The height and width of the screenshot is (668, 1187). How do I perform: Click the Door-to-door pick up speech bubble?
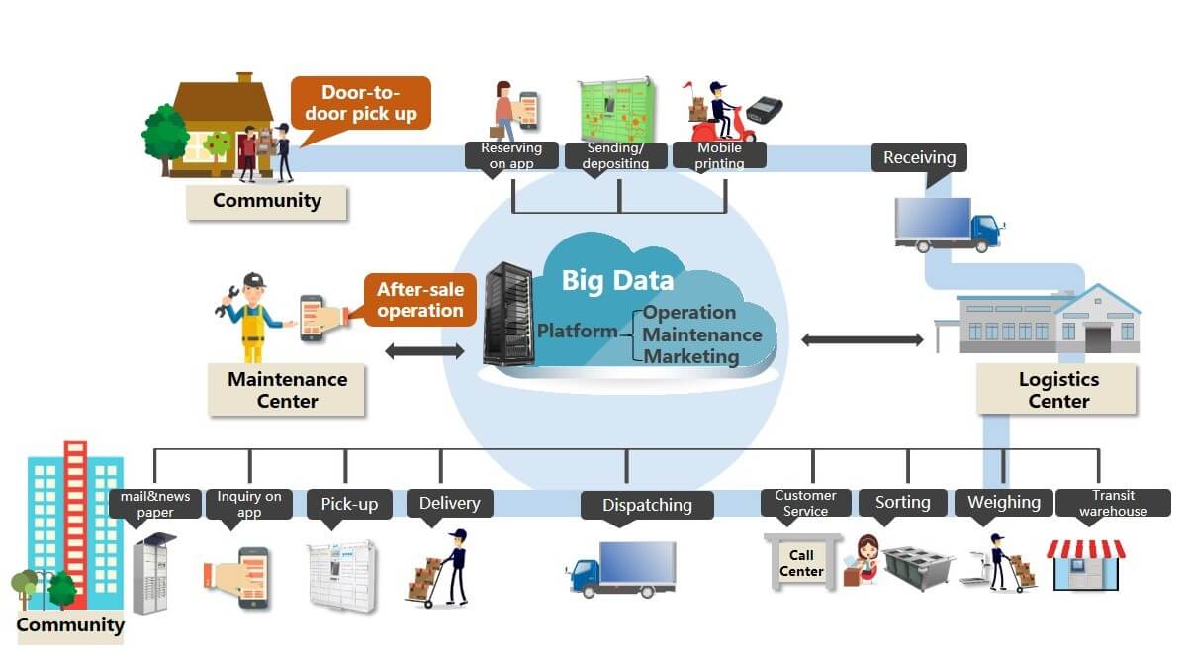(x=361, y=103)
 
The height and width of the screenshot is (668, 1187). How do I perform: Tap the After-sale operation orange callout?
(x=419, y=300)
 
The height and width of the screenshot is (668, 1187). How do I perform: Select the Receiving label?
(x=919, y=157)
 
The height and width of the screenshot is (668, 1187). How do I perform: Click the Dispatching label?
(x=648, y=505)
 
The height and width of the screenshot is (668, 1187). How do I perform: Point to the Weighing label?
(x=1003, y=502)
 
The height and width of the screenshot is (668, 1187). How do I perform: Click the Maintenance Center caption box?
(x=287, y=390)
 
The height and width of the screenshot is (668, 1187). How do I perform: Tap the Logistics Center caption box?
(x=1057, y=390)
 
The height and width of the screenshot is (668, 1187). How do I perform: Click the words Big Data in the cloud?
(x=617, y=280)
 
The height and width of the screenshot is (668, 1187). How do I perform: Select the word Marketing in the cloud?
(x=691, y=356)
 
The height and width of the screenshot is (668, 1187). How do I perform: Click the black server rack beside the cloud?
(x=507, y=315)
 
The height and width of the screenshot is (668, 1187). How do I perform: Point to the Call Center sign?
(x=801, y=563)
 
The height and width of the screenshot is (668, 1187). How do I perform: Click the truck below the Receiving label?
(x=948, y=225)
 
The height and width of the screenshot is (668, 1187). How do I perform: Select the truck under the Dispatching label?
(x=621, y=569)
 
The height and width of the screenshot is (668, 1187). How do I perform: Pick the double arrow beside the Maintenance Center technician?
(x=423, y=350)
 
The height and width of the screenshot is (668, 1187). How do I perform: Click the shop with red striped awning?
(x=1086, y=565)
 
